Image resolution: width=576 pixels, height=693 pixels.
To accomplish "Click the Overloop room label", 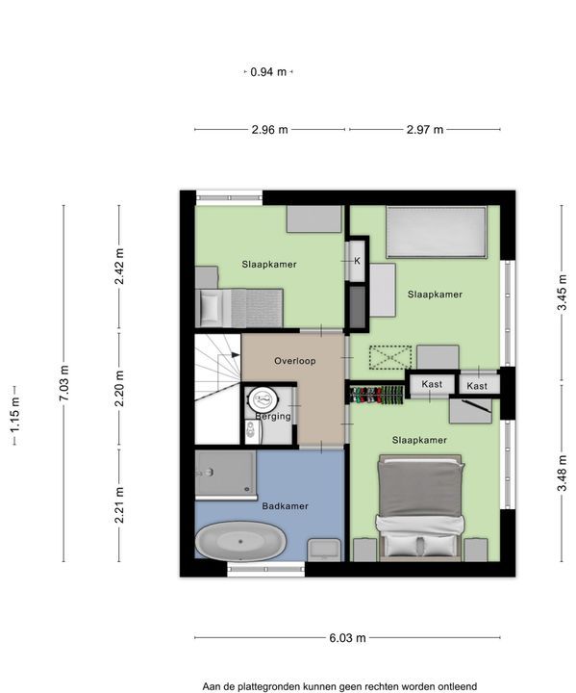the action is click(x=294, y=361).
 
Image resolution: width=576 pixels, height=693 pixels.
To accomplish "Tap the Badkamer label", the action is click(x=285, y=506).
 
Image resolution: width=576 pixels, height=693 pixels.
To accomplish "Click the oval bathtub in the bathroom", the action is click(x=240, y=541).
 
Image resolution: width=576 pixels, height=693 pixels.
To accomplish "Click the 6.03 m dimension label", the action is click(x=347, y=638).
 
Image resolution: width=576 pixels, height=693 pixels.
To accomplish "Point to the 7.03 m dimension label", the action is click(x=64, y=383).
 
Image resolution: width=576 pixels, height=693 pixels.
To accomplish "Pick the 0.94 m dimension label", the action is click(x=268, y=71).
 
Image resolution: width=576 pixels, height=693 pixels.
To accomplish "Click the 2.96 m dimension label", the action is click(x=269, y=130).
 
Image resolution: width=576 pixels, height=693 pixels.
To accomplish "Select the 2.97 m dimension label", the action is click(x=424, y=130).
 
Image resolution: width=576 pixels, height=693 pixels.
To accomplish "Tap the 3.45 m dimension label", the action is click(x=562, y=293).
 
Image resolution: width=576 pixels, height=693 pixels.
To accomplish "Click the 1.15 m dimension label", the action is click(x=15, y=415).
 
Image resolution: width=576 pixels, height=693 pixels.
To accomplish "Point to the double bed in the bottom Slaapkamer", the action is click(x=419, y=508).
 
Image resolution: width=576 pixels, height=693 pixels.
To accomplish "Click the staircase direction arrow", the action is click(x=235, y=354).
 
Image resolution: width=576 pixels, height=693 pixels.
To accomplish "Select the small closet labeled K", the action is click(x=357, y=261).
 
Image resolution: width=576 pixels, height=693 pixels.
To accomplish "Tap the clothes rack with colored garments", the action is click(x=377, y=395).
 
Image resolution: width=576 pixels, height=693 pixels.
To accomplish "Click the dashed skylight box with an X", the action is click(x=390, y=357).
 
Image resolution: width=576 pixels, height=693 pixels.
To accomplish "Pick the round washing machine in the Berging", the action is click(x=263, y=399).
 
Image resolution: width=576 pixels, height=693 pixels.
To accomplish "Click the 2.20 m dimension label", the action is click(x=119, y=389).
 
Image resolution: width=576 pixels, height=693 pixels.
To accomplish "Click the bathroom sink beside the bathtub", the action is click(x=325, y=550).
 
